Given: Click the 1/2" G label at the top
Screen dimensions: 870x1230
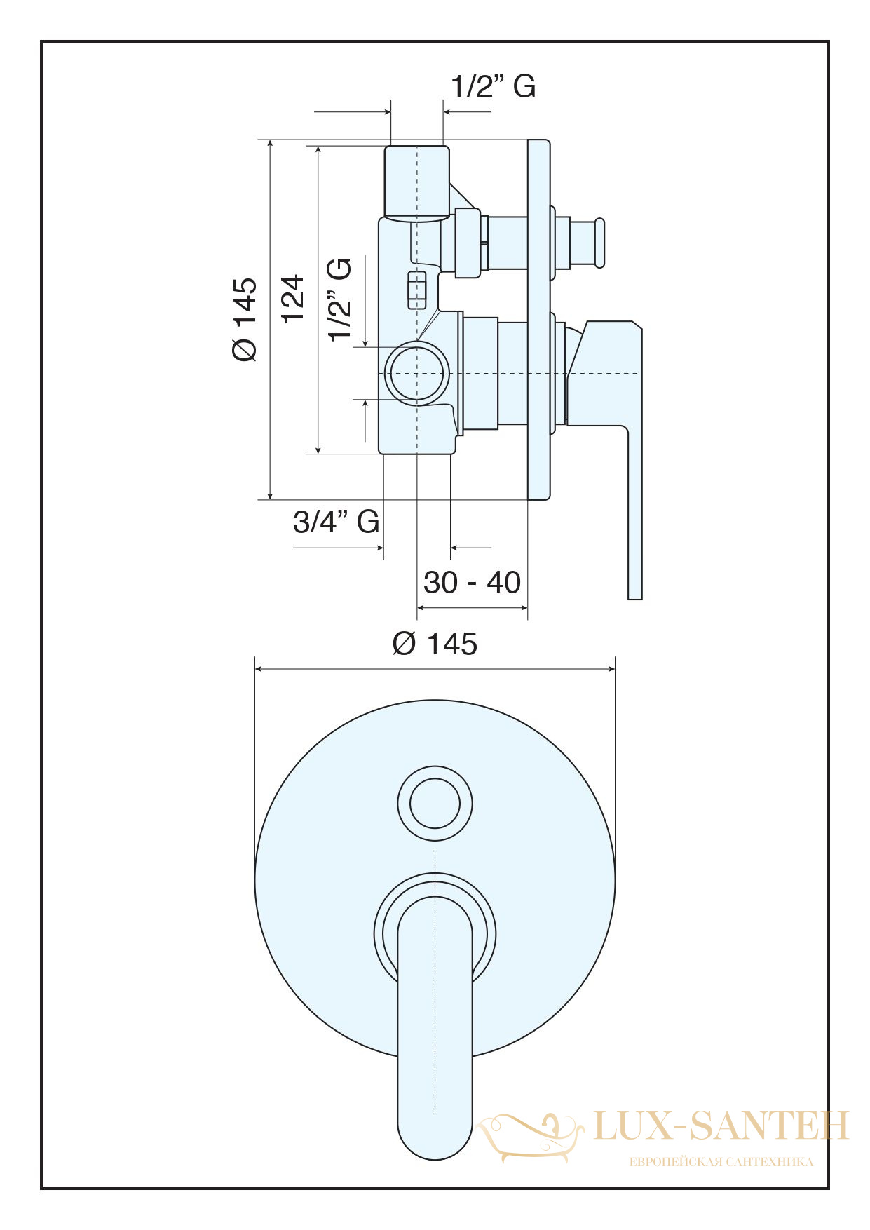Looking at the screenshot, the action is [x=493, y=86].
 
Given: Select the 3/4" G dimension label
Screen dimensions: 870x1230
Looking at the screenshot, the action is [x=337, y=522].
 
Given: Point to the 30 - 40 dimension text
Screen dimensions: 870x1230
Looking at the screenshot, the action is [x=472, y=583].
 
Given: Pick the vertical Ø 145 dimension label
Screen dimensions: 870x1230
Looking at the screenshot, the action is [x=245, y=319].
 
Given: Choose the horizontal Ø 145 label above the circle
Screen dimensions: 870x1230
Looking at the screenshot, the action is [x=435, y=644].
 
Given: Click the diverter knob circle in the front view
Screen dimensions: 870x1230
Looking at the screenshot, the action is [x=435, y=804].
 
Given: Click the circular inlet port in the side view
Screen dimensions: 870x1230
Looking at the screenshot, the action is [x=418, y=373].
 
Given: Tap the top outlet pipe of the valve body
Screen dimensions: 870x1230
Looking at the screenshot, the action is [x=417, y=182].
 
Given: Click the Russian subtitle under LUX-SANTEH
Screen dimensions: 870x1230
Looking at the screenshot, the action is [x=721, y=1163].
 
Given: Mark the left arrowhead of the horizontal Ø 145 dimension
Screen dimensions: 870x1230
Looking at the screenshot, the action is [x=259, y=669].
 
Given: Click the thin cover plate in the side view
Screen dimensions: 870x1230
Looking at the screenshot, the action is [x=539, y=320].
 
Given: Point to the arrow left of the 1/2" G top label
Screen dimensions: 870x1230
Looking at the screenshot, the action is [x=352, y=111].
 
